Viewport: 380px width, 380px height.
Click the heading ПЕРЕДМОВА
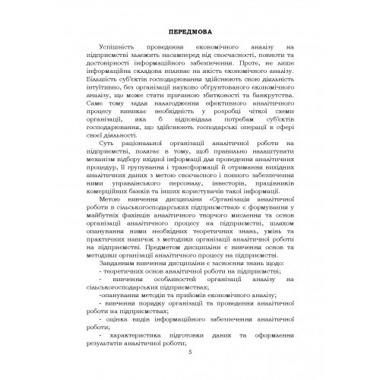pyautogui.click(x=190, y=30)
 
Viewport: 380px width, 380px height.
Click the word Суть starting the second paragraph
pyautogui.click(x=115, y=143)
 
